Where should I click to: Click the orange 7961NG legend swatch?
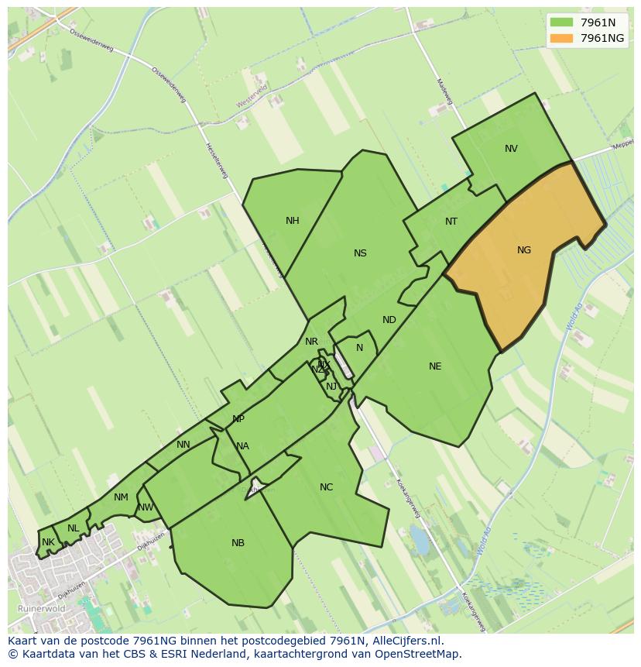click(x=563, y=38)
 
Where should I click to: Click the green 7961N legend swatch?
click(x=563, y=22)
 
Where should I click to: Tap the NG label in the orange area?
click(x=524, y=250)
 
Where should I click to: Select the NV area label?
click(x=511, y=149)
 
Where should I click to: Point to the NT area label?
click(x=451, y=222)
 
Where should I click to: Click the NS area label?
click(x=360, y=253)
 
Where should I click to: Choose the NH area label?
click(x=292, y=221)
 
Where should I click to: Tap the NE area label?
click(x=435, y=366)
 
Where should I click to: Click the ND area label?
click(x=389, y=320)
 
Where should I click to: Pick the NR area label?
click(x=311, y=342)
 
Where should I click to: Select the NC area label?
click(x=326, y=487)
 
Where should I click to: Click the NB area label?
click(x=238, y=543)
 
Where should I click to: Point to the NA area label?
click(x=242, y=446)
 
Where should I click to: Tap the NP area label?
click(x=238, y=419)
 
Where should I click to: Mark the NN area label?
click(x=183, y=445)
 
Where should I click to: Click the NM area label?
click(x=121, y=497)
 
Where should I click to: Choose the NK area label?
click(x=48, y=542)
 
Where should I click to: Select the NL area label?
click(x=73, y=528)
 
